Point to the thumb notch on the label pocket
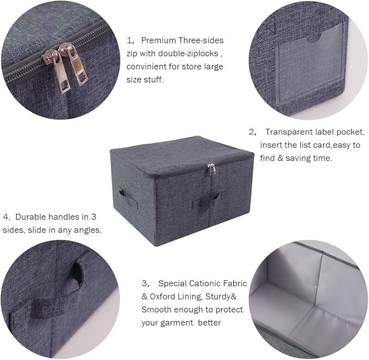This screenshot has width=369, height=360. [313, 39]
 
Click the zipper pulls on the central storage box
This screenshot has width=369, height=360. [211, 169]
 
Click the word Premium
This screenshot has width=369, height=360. [159, 41]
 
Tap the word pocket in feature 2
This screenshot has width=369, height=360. [351, 132]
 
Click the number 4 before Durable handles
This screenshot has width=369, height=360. [5, 217]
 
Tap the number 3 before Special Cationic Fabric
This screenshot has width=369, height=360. [144, 283]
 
